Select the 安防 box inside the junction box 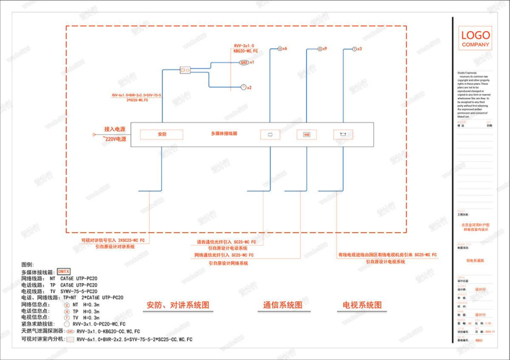tap(162, 134)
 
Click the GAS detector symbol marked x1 tap(244, 63)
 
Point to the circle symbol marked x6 tap(280, 49)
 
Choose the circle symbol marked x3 tap(354, 49)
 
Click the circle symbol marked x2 tap(243, 87)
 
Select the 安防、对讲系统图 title tap(178, 305)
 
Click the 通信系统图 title tap(282, 305)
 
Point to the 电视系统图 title tap(362, 305)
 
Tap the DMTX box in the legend tap(63, 271)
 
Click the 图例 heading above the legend tap(27, 265)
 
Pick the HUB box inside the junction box tap(307, 135)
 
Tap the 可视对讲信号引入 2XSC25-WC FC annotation tap(114, 240)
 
